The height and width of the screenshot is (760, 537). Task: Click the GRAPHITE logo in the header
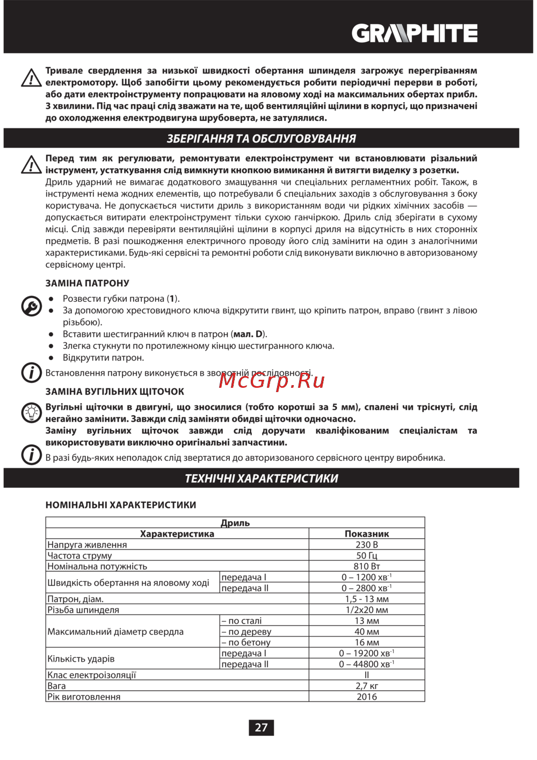(415, 33)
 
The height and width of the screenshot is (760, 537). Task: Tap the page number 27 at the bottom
(261, 728)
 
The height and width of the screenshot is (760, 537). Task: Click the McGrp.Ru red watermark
(272, 380)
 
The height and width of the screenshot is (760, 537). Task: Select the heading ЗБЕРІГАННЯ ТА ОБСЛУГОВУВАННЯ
(261, 139)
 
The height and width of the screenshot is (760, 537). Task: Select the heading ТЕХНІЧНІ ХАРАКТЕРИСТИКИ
(261, 479)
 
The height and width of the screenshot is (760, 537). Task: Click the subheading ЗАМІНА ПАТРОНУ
(87, 283)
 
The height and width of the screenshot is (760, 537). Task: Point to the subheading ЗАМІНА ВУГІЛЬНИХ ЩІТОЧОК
(114, 392)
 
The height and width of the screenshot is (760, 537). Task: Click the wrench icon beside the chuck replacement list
(31, 306)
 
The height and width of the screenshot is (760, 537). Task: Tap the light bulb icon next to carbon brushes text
(31, 412)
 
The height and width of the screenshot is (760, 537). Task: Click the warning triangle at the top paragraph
(31, 78)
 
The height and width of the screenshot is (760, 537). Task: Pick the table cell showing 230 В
(367, 545)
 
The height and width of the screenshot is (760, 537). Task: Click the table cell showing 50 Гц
(367, 555)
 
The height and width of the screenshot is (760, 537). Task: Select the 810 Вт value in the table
(367, 566)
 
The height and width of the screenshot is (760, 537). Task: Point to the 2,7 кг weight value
(367, 686)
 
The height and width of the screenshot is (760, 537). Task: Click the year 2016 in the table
(367, 697)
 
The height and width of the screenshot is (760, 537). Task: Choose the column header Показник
(367, 534)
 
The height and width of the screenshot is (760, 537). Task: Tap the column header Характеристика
(177, 534)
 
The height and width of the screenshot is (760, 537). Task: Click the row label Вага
(56, 686)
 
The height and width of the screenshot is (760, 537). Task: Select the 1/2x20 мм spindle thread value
(367, 610)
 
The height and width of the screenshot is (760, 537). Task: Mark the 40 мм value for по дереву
(367, 632)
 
